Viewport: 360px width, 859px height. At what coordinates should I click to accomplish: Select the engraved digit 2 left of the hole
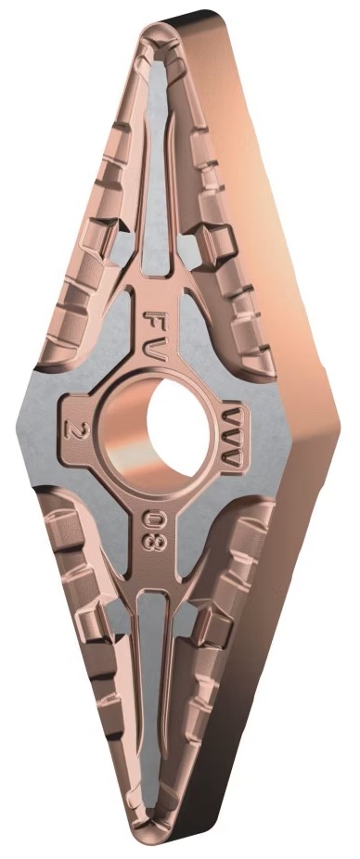(71, 429)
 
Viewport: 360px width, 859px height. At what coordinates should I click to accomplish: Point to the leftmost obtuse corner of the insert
(19, 428)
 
